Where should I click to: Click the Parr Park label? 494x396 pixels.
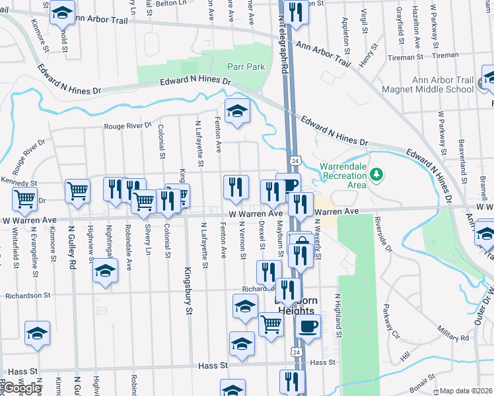pos(246,67)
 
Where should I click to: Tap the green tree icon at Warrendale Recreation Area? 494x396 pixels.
pos(376,174)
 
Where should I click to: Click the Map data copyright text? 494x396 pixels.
pos(466,391)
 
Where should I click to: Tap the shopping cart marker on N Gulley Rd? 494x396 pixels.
pos(77,191)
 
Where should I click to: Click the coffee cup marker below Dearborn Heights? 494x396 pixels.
pos(308,325)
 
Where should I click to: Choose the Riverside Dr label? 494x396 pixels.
pos(383,234)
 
